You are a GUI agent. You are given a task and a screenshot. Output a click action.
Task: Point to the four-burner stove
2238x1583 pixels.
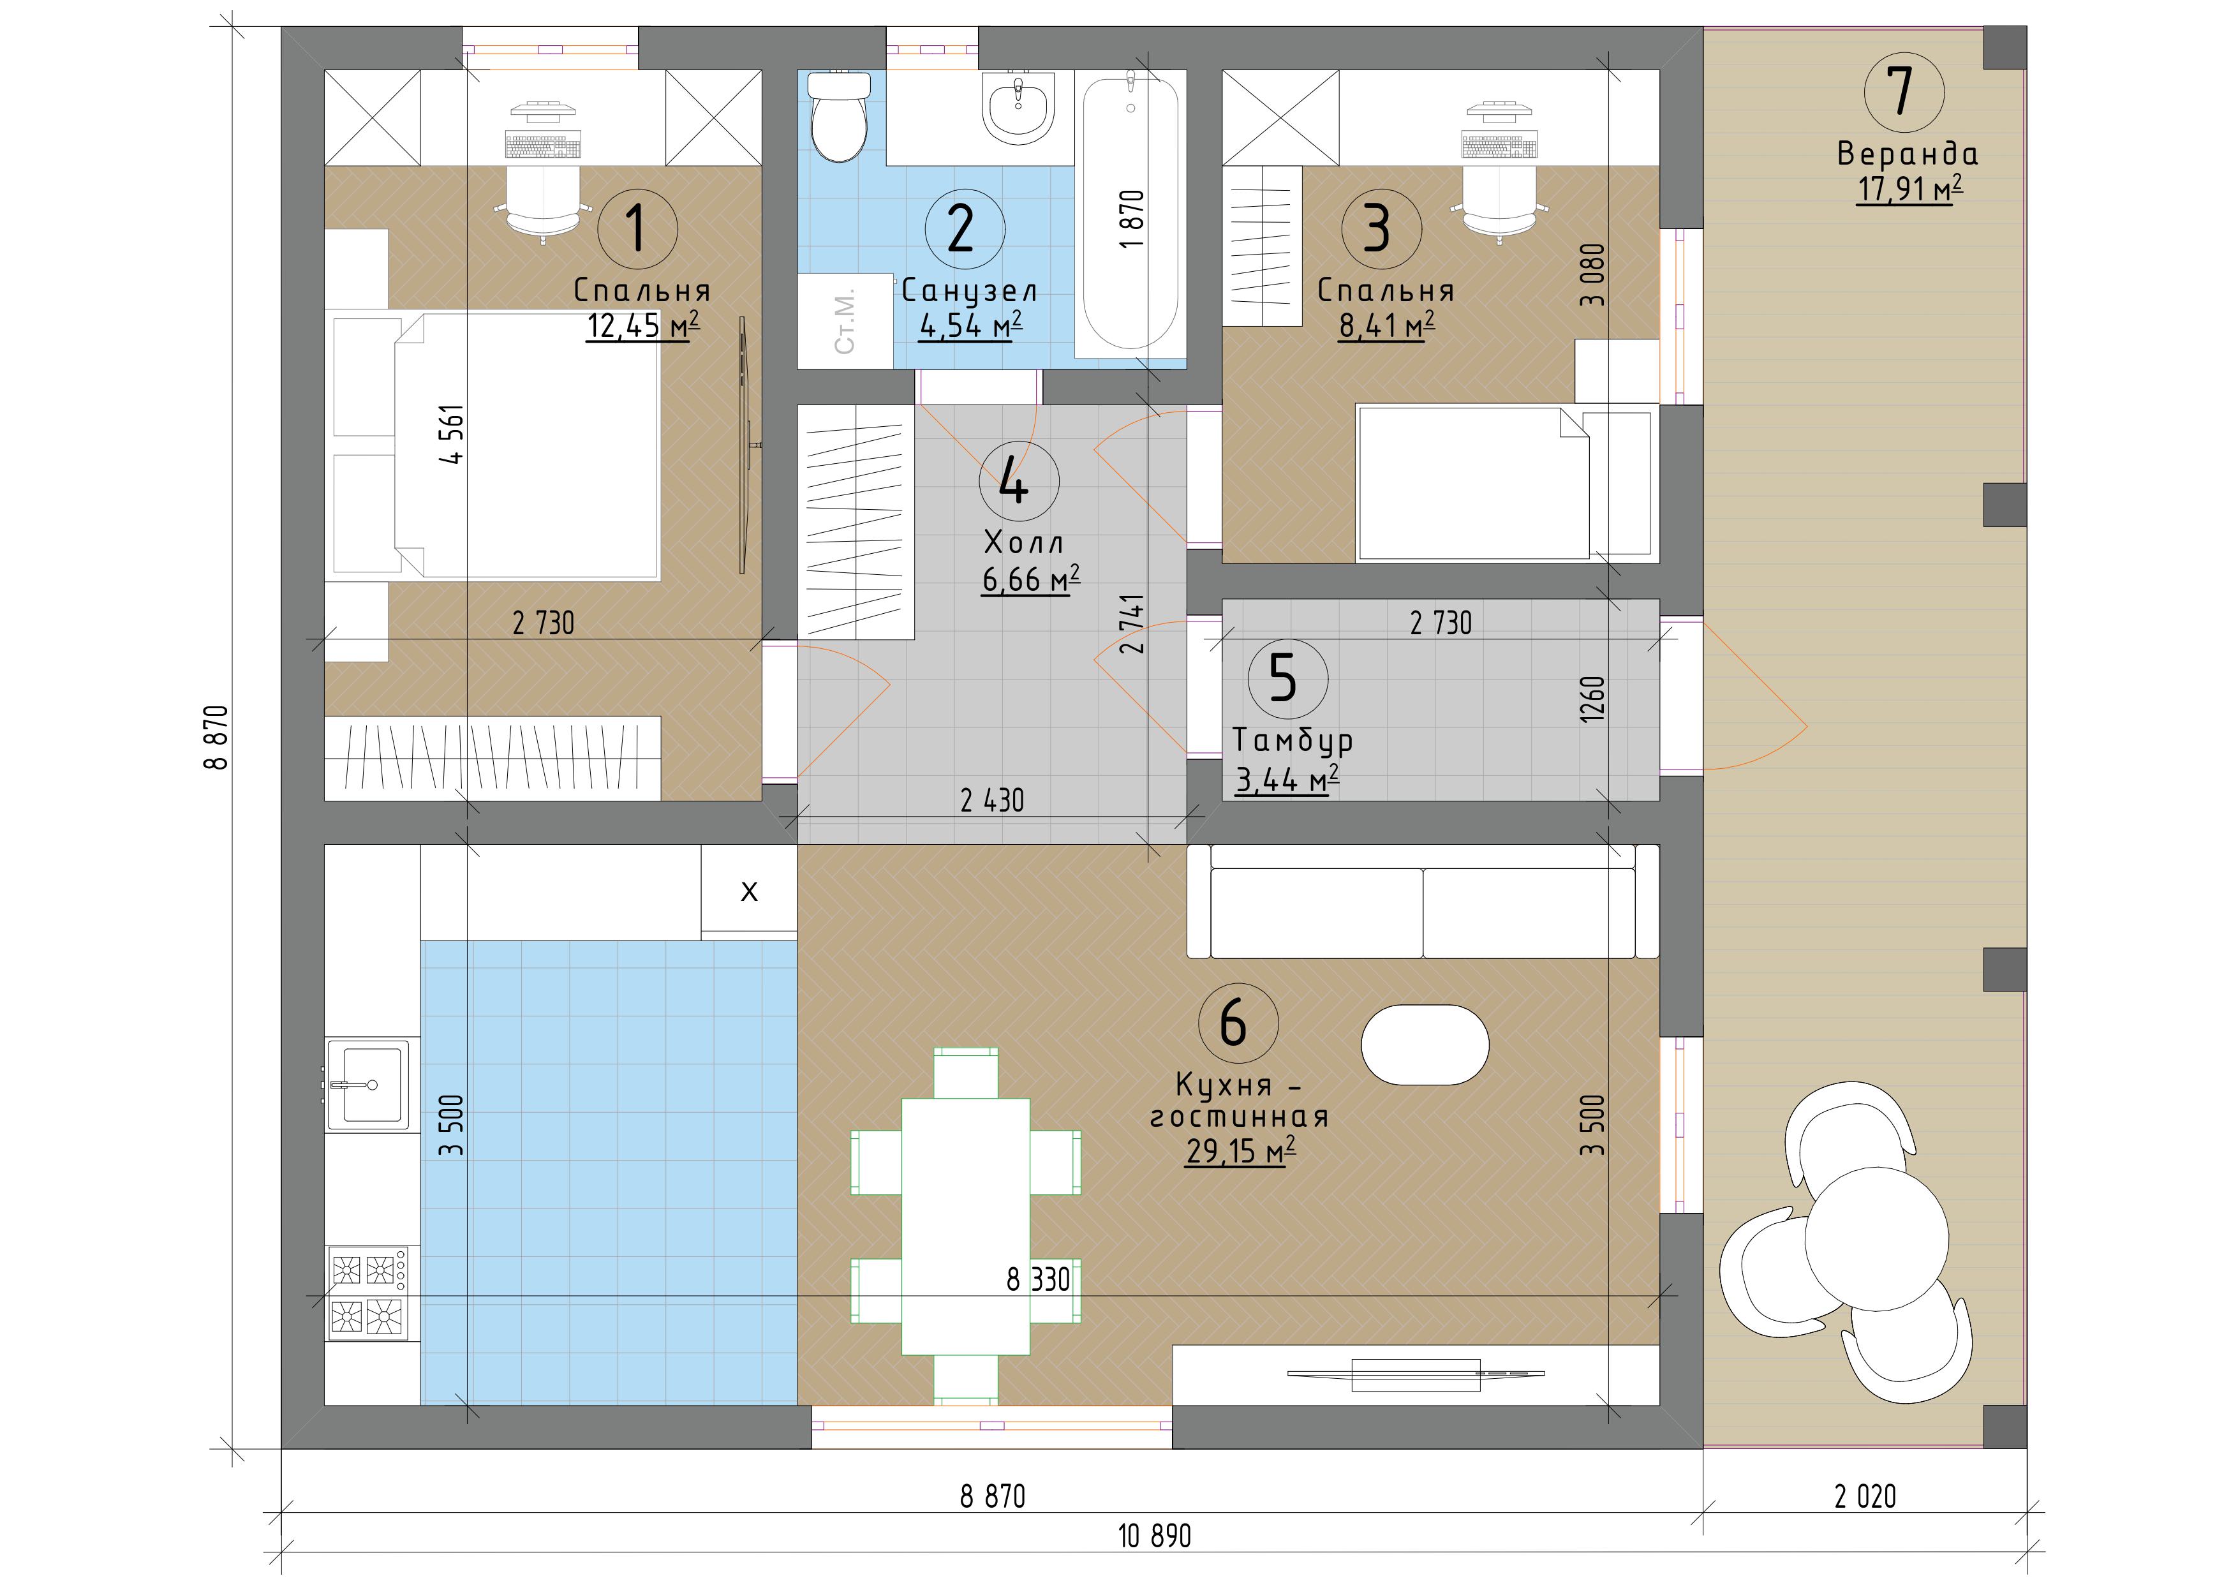367,1293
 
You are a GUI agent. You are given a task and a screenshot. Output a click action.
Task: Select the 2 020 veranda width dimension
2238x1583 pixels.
1865,1496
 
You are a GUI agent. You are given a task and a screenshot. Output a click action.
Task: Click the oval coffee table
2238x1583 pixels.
1424,1044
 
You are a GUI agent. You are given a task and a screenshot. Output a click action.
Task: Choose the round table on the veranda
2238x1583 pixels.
1876,1238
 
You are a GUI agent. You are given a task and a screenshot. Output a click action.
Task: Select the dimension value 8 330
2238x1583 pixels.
1038,1279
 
